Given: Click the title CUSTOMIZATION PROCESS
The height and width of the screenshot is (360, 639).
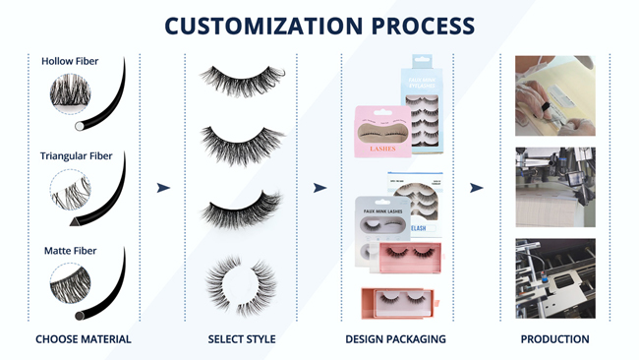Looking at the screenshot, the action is click(319, 26).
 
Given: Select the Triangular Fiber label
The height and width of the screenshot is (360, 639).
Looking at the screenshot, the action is click(77, 155).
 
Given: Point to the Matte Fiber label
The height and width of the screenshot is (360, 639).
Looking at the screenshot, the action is click(71, 251).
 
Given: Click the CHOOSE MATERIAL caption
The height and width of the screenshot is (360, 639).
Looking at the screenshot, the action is click(84, 339).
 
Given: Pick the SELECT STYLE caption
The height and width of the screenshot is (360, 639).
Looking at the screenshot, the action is click(242, 339).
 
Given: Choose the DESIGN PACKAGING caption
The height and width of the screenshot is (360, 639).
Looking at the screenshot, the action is click(395, 339).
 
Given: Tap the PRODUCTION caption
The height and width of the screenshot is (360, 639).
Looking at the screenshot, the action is click(554, 339).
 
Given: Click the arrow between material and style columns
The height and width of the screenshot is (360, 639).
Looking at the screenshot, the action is click(163, 188).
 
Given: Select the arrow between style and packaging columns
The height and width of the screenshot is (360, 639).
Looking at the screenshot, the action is click(319, 188).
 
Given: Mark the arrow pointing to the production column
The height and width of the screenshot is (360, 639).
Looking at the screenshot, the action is click(476, 188).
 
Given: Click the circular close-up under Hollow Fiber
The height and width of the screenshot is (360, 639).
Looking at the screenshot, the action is click(71, 95).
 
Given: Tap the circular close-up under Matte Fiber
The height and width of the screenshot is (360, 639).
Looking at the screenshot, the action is click(71, 285).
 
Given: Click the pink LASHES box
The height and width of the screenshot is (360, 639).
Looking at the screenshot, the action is click(383, 134).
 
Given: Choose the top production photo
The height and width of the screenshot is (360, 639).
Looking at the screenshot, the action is click(554, 95).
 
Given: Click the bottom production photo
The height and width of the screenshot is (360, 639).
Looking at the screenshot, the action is click(554, 277).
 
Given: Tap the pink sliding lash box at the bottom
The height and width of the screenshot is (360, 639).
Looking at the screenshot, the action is click(404, 301).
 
